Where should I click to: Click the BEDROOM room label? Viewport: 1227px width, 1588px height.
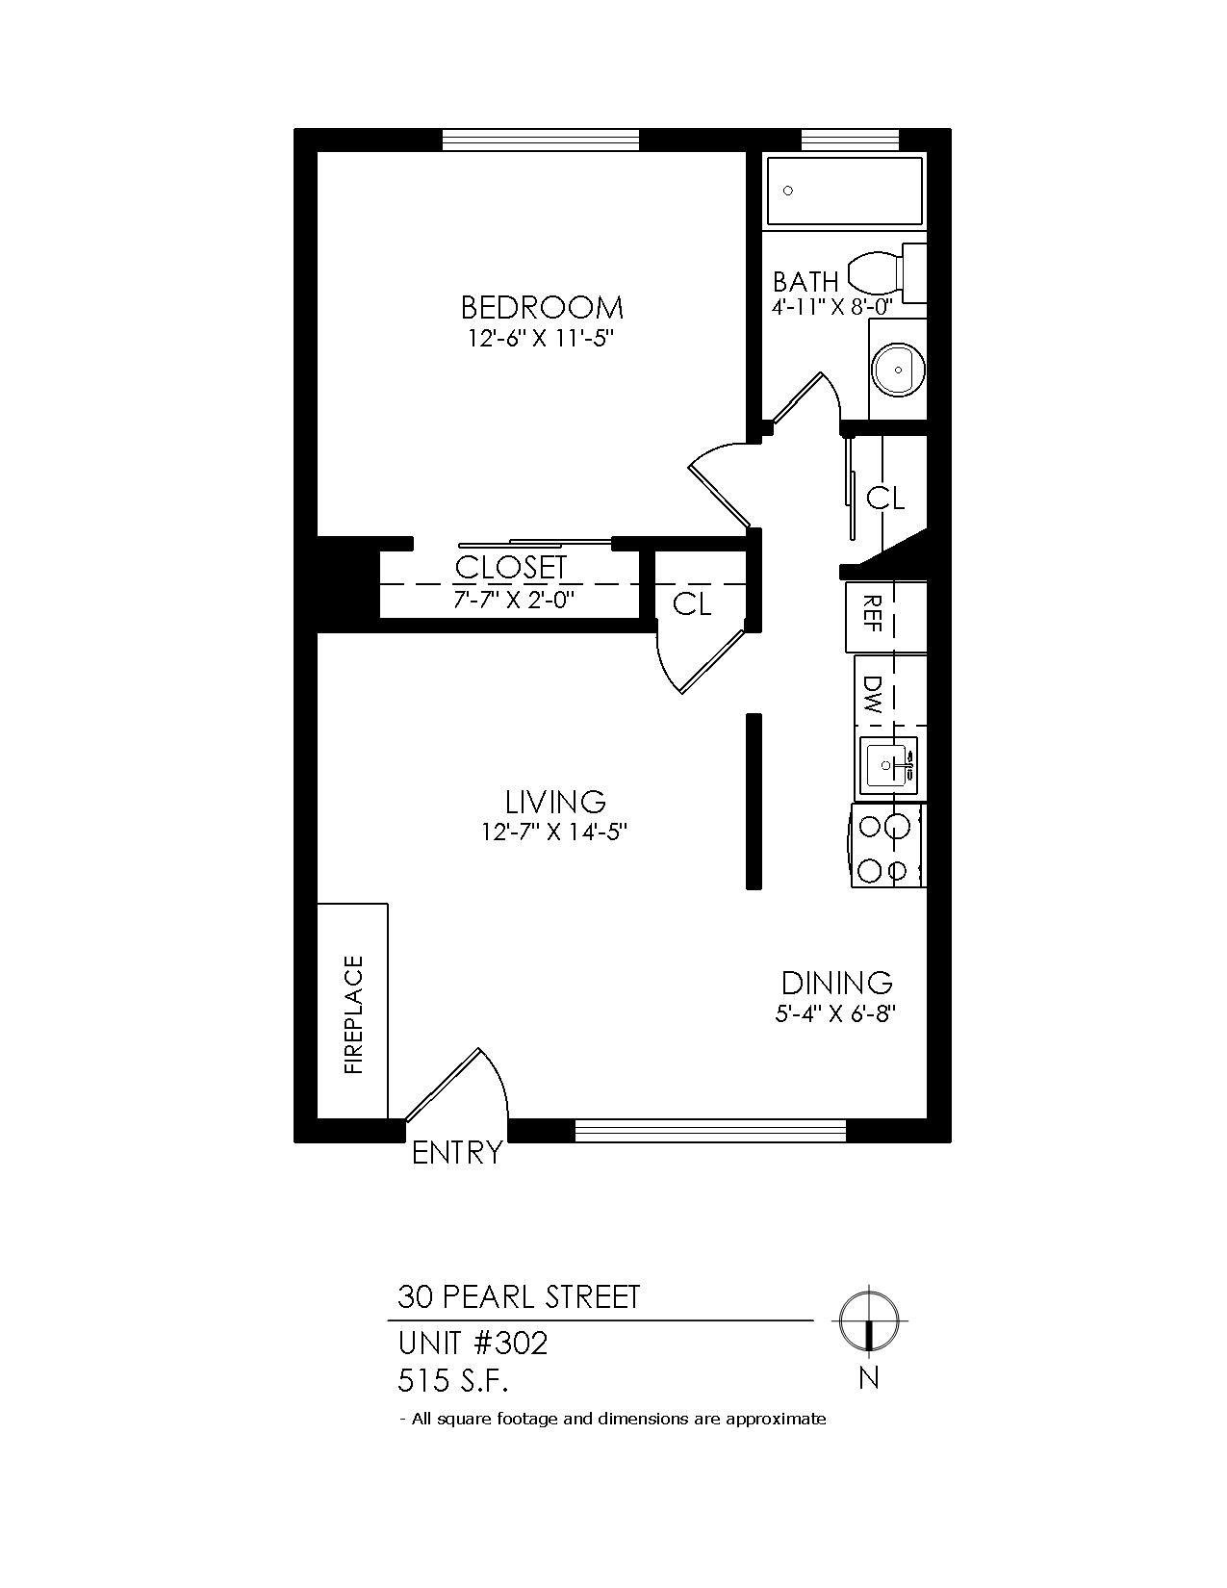(542, 308)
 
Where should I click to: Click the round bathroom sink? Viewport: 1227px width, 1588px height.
(898, 370)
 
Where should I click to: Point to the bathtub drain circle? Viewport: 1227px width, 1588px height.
(788, 191)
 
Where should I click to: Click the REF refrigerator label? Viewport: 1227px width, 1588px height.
(874, 612)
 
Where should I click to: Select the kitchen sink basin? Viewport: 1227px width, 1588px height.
(888, 765)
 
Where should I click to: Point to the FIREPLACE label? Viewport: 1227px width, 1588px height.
(354, 1015)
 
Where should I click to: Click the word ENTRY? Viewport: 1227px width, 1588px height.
(457, 1153)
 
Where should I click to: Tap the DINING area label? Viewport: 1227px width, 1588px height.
(836, 984)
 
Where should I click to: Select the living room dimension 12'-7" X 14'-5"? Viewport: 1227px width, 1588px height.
(555, 832)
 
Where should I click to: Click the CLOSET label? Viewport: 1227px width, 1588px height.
(511, 568)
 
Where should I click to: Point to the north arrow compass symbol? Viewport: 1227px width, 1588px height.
(869, 1321)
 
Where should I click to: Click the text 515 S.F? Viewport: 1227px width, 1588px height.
(452, 1382)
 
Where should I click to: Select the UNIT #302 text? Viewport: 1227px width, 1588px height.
(473, 1344)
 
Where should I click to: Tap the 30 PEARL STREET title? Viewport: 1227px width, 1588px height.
(519, 1297)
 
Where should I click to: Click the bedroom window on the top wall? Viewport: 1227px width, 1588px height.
(542, 140)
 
